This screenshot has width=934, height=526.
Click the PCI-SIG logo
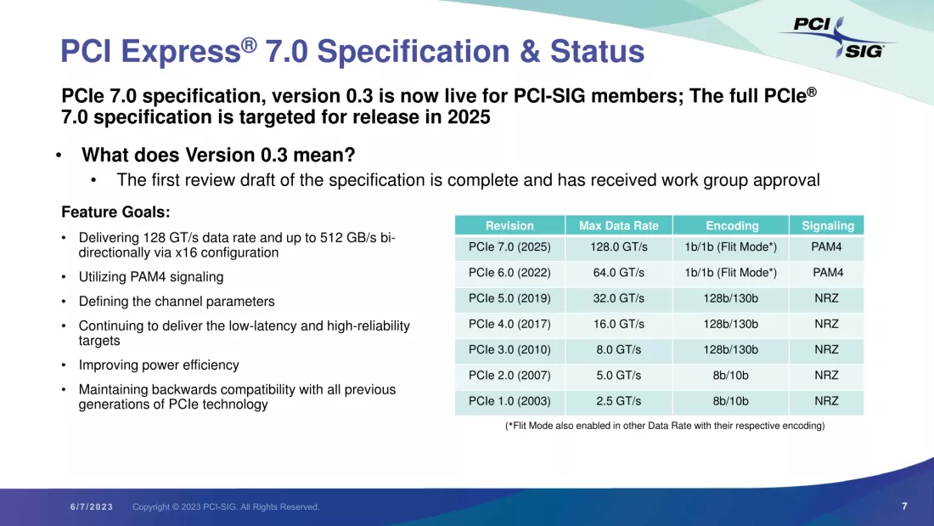pyautogui.click(x=837, y=37)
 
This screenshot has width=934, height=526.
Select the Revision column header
pyautogui.click(x=509, y=225)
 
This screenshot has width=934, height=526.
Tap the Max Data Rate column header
pyautogui.click(x=618, y=225)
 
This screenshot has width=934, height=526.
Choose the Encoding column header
pyautogui.click(x=731, y=225)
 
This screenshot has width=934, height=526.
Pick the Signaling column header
pyautogui.click(x=827, y=225)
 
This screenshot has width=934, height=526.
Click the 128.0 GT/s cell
pyautogui.click(x=618, y=247)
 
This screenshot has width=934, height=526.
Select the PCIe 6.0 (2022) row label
pyautogui.click(x=509, y=273)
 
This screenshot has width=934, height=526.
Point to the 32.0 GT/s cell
pyautogui.click(x=618, y=298)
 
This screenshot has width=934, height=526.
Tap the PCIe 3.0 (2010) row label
pyautogui.click(x=509, y=349)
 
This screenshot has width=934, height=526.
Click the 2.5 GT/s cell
pyautogui.click(x=618, y=401)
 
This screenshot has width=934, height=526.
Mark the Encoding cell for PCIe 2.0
pyautogui.click(x=730, y=375)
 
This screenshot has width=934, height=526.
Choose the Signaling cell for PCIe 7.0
pyautogui.click(x=827, y=247)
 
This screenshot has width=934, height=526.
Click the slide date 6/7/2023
pyautogui.click(x=92, y=507)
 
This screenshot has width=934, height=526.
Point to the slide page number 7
pyautogui.click(x=904, y=506)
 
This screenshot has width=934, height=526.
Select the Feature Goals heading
pyautogui.click(x=115, y=212)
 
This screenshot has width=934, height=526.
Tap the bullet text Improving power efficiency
pyautogui.click(x=159, y=365)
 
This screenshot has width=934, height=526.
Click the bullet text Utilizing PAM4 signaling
pyautogui.click(x=151, y=277)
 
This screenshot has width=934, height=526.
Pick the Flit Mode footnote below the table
pyautogui.click(x=665, y=426)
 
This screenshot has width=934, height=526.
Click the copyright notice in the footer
pyautogui.click(x=226, y=507)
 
